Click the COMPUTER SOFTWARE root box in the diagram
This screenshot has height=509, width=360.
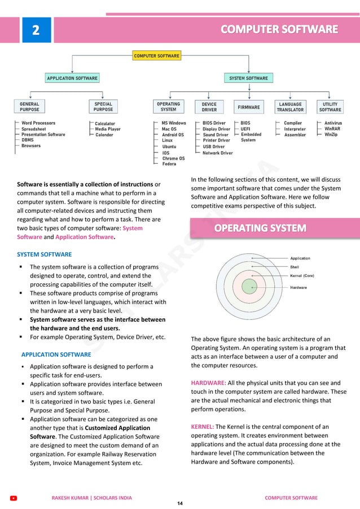156,56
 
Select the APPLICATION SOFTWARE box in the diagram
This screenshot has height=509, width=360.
72,78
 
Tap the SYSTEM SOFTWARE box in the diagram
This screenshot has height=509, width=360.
248,78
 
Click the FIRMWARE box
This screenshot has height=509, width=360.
249,107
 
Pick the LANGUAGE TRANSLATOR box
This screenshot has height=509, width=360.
290,107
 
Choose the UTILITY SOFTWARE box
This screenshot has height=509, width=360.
330,107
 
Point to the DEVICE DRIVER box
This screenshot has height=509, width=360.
209,107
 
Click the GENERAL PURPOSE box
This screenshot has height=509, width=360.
29,107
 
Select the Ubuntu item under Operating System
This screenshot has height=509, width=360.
169,147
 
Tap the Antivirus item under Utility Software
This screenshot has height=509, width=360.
333,123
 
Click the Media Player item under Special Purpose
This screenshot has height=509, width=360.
107,129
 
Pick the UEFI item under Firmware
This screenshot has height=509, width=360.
246,129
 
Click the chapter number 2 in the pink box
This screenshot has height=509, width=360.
36,29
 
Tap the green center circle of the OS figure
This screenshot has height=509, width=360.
249,286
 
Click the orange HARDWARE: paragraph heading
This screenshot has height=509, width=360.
208,383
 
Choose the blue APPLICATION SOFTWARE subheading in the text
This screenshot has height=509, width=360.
56,354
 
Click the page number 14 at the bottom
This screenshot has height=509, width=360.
180,503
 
